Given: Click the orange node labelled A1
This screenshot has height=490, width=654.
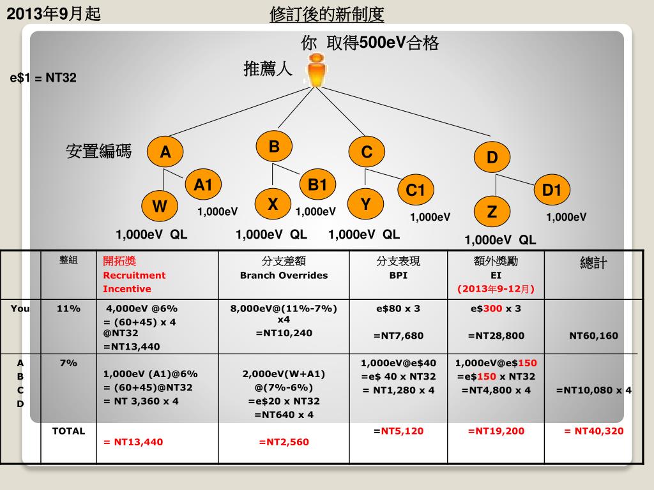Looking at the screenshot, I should [x=203, y=185].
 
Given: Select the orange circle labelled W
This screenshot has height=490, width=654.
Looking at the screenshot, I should [x=160, y=206].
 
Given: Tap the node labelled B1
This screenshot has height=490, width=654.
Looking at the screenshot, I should [x=317, y=184].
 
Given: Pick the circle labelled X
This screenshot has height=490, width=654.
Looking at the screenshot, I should [x=273, y=204].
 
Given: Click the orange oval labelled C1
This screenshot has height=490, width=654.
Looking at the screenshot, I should [x=416, y=190].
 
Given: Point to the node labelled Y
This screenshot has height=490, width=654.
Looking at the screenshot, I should [x=365, y=204].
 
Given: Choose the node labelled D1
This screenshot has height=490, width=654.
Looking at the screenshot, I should [x=551, y=190].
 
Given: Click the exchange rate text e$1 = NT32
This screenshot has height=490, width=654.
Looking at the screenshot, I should [x=43, y=78].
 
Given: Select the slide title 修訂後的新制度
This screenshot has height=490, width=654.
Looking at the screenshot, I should [x=327, y=14].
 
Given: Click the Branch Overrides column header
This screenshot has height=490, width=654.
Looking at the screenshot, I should [x=284, y=269].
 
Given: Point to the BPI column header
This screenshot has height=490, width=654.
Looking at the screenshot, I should [x=398, y=269].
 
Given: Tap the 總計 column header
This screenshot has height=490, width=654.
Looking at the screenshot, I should [x=593, y=263].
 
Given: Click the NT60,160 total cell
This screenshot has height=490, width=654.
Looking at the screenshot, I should [x=593, y=336].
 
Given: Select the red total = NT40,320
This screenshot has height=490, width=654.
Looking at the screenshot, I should [x=593, y=431].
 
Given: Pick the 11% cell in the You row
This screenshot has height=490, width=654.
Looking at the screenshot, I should [x=68, y=309].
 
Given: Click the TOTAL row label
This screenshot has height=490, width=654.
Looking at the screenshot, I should [x=68, y=431].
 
